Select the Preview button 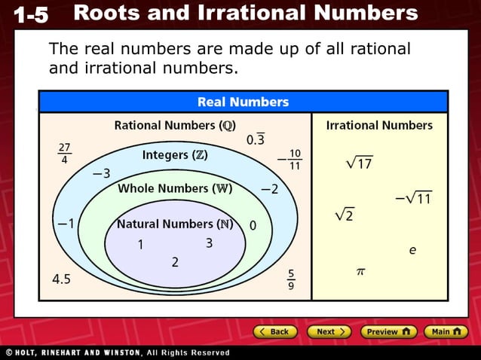pyautogui.click(x=388, y=331)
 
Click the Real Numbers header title pyautogui.click(x=243, y=102)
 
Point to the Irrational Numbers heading pyautogui.click(x=379, y=126)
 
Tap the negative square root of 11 pyautogui.click(x=412, y=199)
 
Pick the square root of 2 pyautogui.click(x=345, y=215)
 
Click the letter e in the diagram pyautogui.click(x=412, y=249)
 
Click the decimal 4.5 pyautogui.click(x=61, y=279)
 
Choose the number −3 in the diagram pyautogui.click(x=101, y=174)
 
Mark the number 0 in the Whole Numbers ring pyautogui.click(x=253, y=225)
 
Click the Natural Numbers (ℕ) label pyautogui.click(x=174, y=224)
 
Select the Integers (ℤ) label pyautogui.click(x=175, y=155)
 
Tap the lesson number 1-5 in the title pyautogui.click(x=30, y=14)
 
